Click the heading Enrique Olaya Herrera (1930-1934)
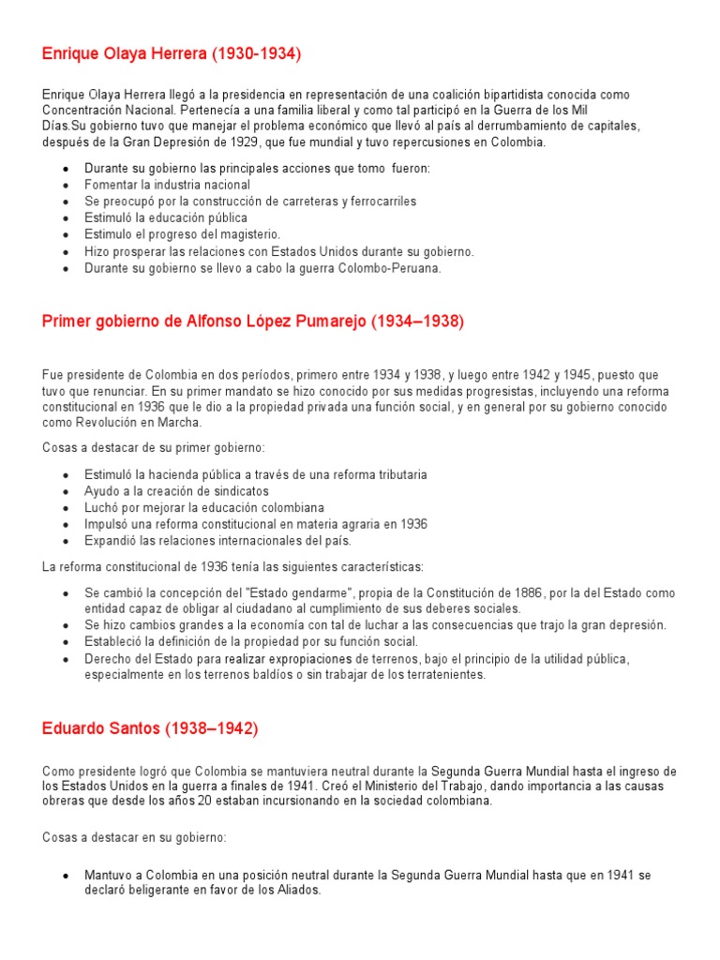pyautogui.click(x=172, y=54)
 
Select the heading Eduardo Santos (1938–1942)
pyautogui.click(x=150, y=728)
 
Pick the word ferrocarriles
pyautogui.click(x=379, y=202)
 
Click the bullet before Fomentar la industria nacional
pyautogui.click(x=65, y=186)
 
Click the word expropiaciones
pyautogui.click(x=327, y=659)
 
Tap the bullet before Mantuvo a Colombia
pyautogui.click(x=65, y=876)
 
